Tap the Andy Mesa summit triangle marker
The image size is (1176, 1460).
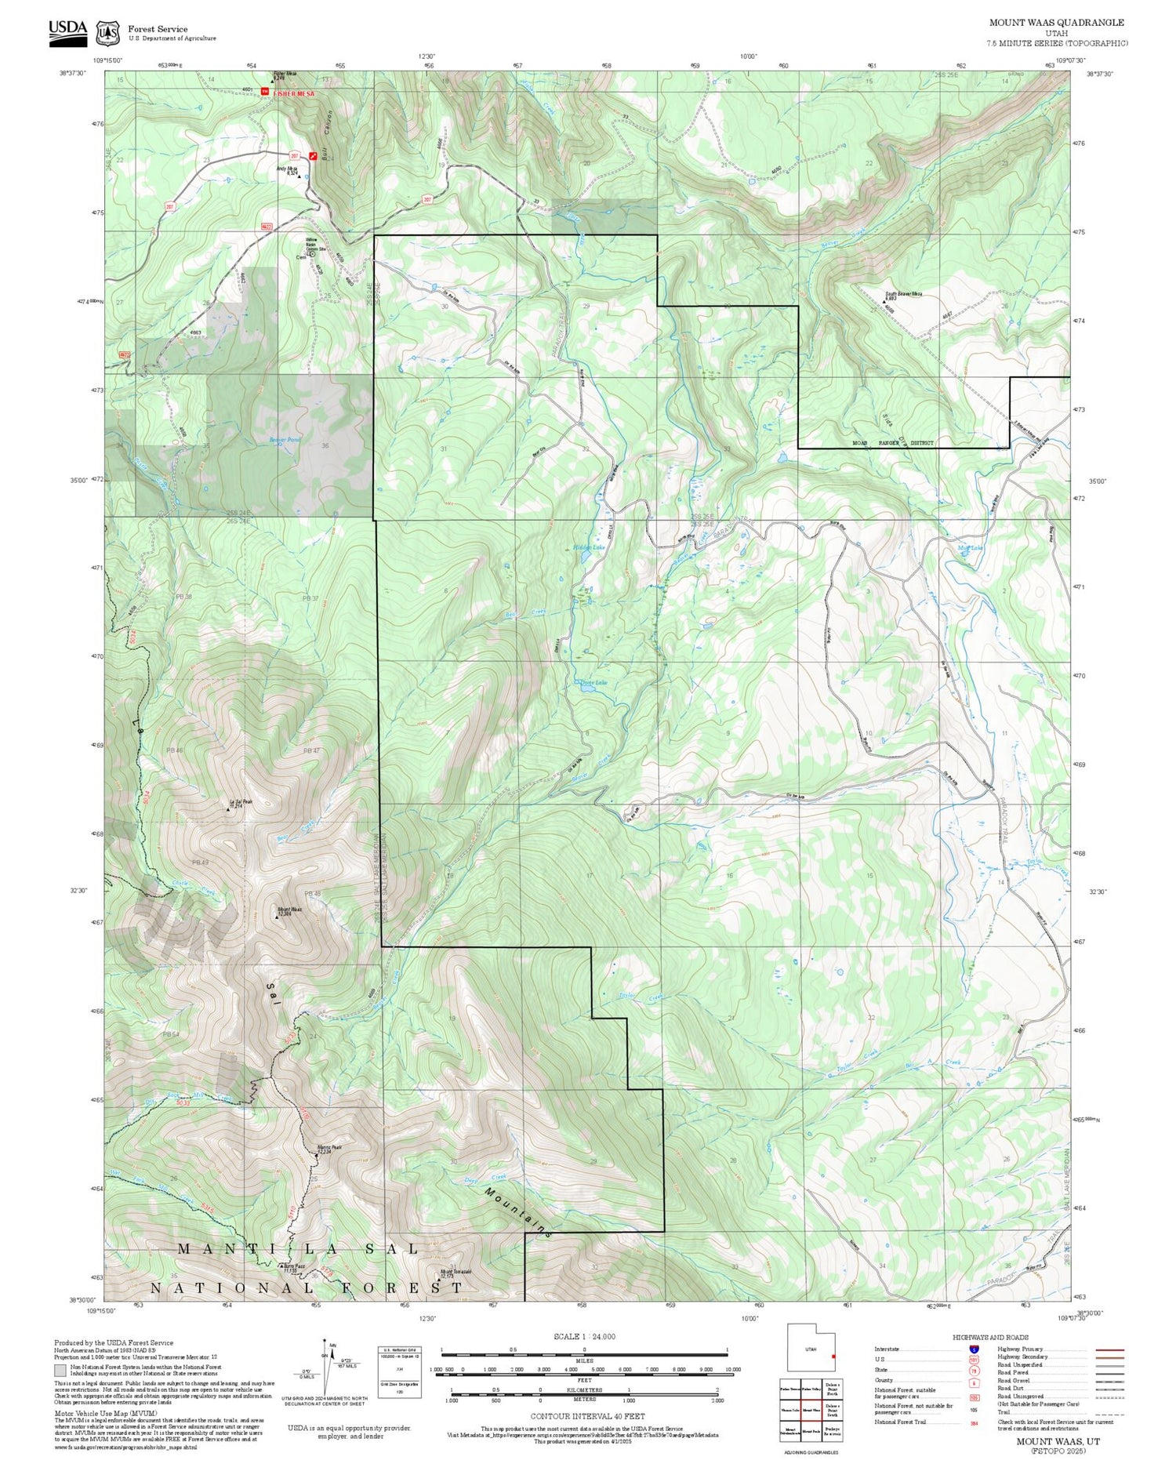[299, 177]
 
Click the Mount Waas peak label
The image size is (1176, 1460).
[285, 911]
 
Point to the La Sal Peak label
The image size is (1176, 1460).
[240, 803]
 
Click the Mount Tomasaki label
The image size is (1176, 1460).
[456, 1273]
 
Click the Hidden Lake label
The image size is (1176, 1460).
[589, 547]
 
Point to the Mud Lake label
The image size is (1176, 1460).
[971, 548]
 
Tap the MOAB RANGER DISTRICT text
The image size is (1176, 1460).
[893, 443]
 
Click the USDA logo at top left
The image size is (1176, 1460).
[68, 32]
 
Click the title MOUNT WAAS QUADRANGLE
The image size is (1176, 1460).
[1056, 23]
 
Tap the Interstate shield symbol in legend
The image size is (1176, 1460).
[973, 1349]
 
